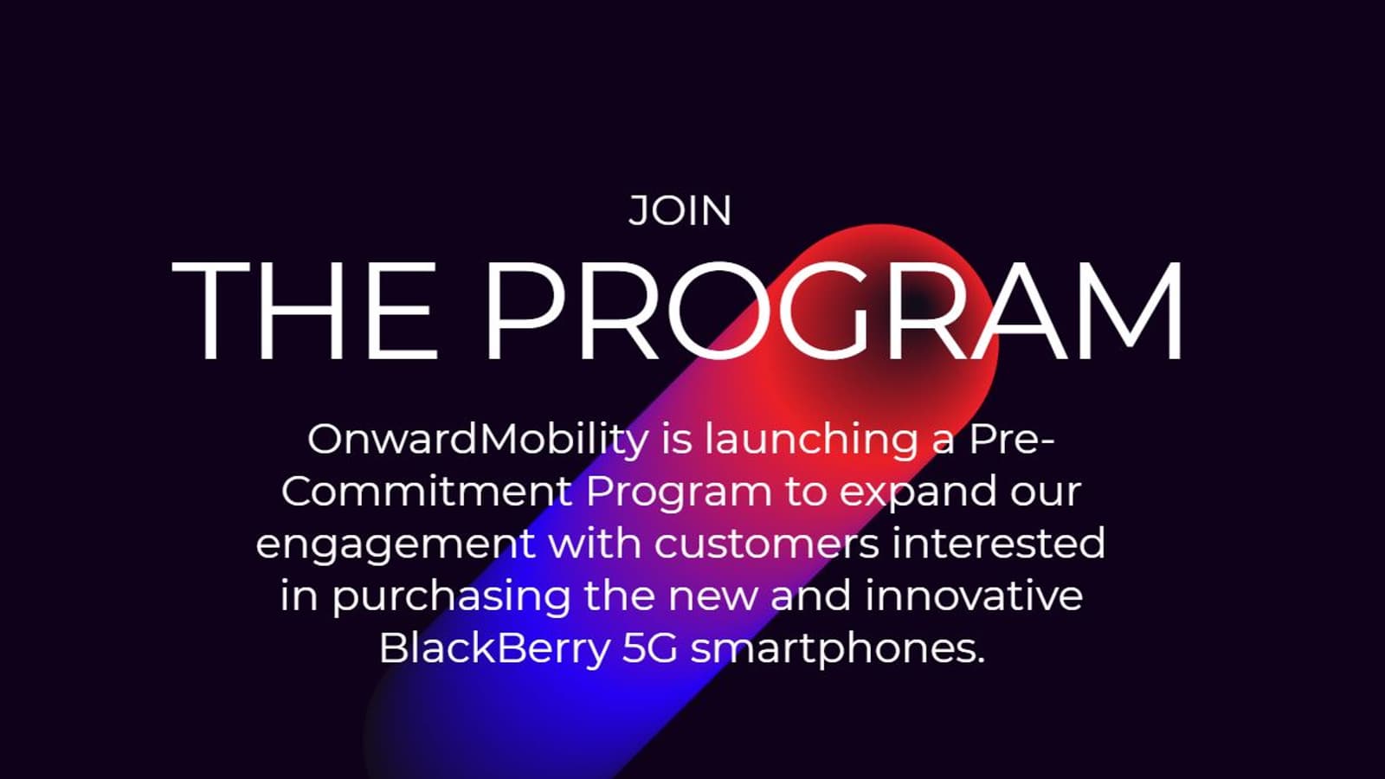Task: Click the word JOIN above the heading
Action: pyautogui.click(x=680, y=211)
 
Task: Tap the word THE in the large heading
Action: pyautogui.click(x=305, y=311)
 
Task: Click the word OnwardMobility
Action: pyautogui.click(x=478, y=441)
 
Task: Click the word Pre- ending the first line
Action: pyautogui.click(x=1012, y=439)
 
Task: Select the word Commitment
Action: pyautogui.click(x=427, y=492)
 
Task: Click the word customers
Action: pyautogui.click(x=767, y=544)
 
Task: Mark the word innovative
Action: pyautogui.click(x=974, y=596)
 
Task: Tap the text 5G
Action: pyautogui.click(x=650, y=648)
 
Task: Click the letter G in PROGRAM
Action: pyautogui.click(x=832, y=311)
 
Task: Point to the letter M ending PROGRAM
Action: pyautogui.click(x=1131, y=311)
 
